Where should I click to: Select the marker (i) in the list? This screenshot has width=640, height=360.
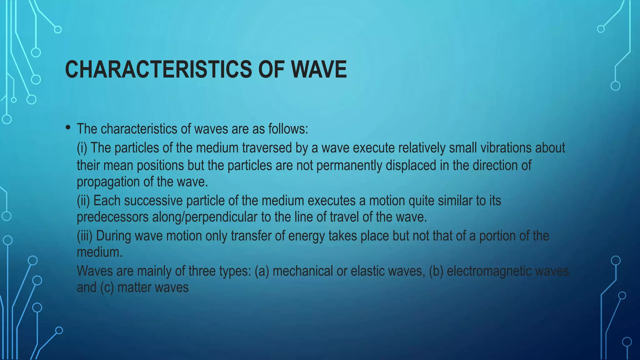point(82,148)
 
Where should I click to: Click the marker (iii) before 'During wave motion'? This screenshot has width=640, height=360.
point(85,236)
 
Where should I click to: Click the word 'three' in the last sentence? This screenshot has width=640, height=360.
point(202,271)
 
